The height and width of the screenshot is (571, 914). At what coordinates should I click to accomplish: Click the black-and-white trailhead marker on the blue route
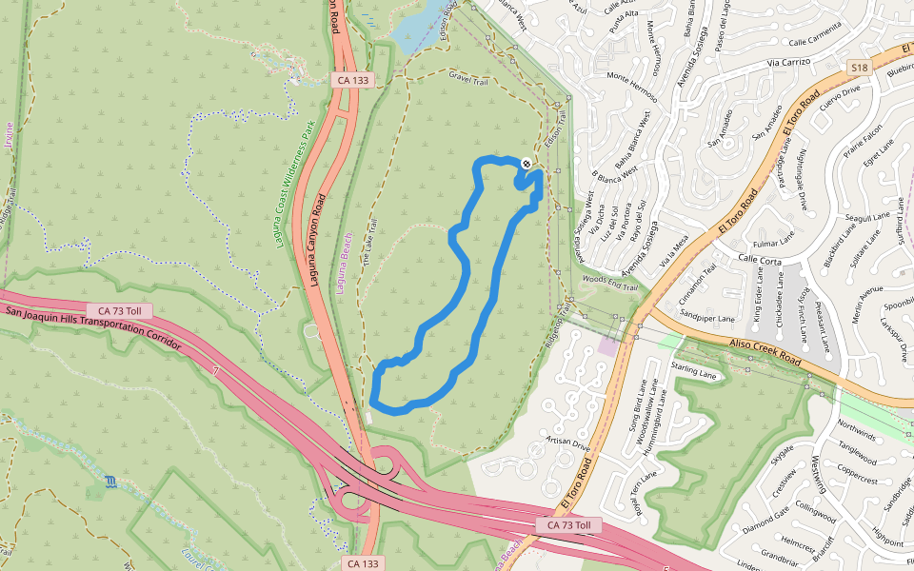coord(527,165)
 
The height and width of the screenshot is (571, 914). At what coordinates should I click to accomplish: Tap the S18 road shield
coord(859,68)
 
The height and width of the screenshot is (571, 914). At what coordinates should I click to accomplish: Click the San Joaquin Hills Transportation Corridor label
coord(91,326)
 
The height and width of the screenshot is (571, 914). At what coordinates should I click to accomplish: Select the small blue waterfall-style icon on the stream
coord(112,482)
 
